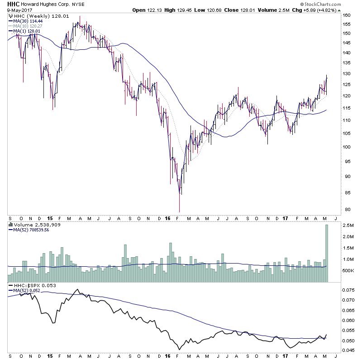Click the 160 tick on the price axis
coord(346,15)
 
